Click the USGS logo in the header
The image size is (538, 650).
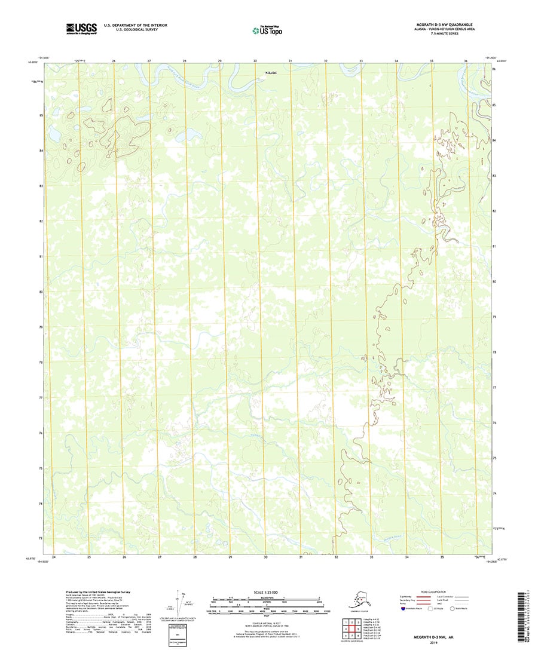tap(81, 27)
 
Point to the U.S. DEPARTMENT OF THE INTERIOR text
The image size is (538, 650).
tap(136, 25)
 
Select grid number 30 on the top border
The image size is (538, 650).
tap(255, 61)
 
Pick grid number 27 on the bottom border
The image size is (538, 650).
tap(160, 557)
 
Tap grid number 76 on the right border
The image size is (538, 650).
tap(494, 422)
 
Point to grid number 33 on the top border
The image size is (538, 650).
tap(361, 61)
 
